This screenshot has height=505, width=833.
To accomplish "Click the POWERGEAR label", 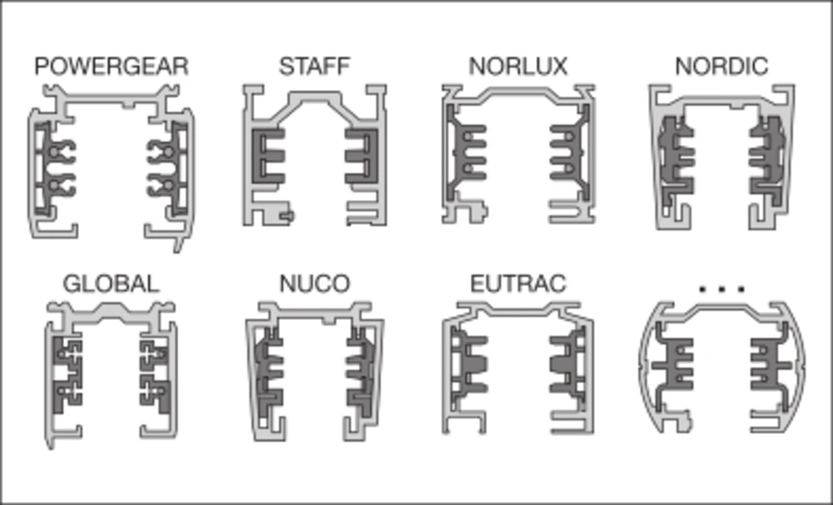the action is pos(112,67).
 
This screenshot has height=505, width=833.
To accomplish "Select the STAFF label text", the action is pos(315,67).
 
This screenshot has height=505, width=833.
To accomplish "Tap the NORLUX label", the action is pos(518,67).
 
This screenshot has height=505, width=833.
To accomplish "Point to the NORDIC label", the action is pos(721,67).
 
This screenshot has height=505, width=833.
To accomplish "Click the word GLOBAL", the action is pos(111,284).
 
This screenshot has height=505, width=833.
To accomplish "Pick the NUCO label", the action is pos(315,284).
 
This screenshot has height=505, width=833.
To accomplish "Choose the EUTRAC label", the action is pos(518,284).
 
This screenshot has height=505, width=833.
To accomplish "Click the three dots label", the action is pos(722,289).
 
